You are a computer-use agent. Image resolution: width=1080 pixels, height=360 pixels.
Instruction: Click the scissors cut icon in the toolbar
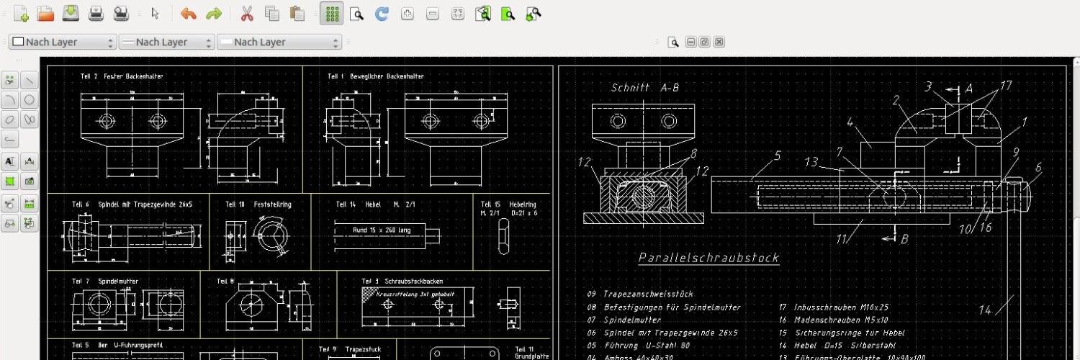[246, 14]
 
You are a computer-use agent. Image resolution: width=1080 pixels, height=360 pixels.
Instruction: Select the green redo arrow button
[213, 14]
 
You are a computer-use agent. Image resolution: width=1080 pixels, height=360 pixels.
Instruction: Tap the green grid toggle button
[331, 14]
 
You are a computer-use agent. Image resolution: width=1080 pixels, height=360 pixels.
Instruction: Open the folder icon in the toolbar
[45, 14]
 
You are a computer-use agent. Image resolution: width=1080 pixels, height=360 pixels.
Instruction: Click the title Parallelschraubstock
[708, 258]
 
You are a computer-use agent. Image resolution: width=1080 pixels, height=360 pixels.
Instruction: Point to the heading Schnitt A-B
[644, 88]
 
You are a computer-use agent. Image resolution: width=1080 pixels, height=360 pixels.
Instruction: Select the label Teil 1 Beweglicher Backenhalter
[375, 76]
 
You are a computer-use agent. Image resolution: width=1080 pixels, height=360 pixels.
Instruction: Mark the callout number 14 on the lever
[984, 310]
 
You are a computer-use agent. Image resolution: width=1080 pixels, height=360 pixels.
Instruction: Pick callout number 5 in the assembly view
[778, 155]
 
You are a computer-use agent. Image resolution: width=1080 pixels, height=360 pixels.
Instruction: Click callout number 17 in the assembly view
[1006, 86]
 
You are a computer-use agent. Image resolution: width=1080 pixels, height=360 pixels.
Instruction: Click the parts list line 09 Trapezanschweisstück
[639, 294]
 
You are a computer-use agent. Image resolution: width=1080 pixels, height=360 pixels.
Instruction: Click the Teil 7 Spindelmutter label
[105, 281]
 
